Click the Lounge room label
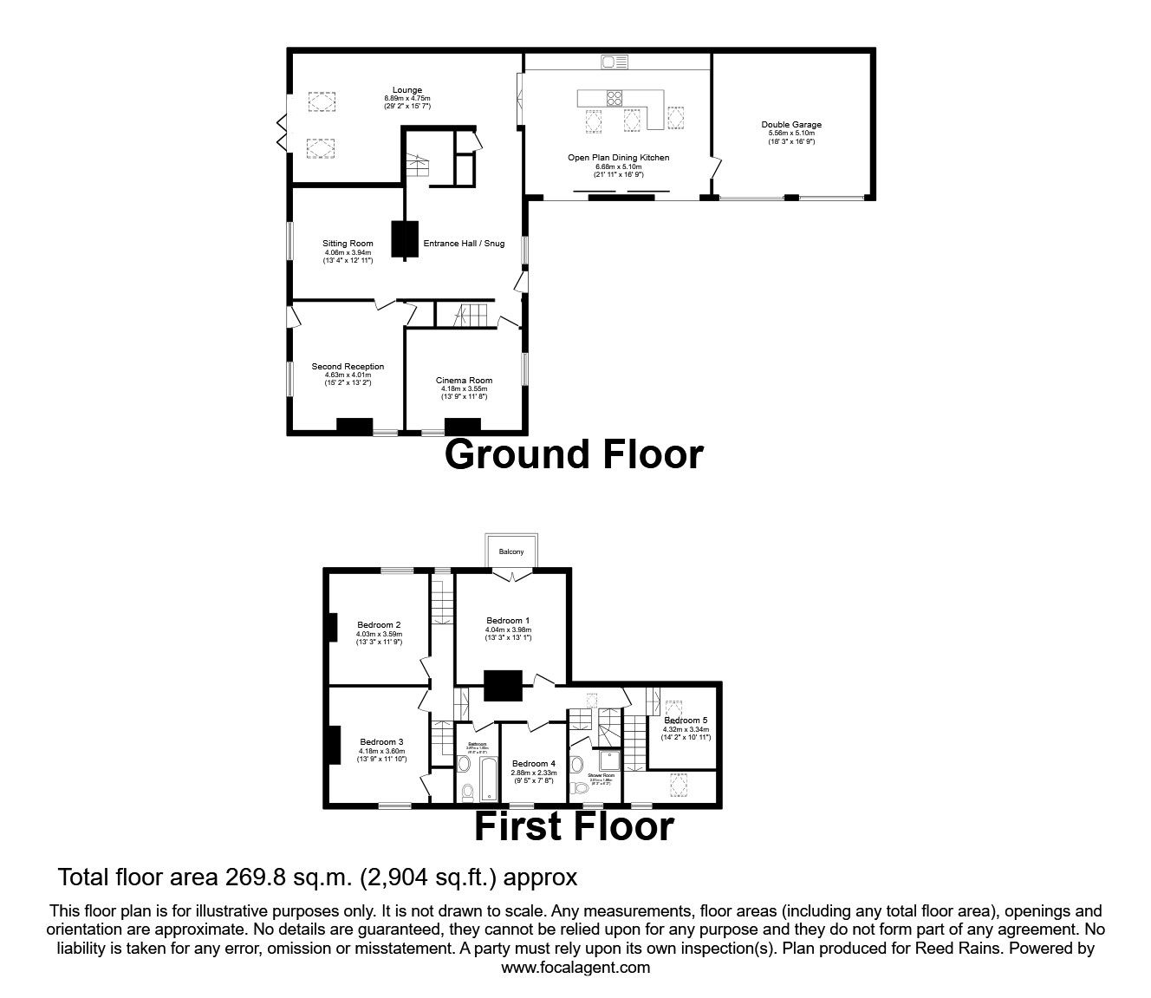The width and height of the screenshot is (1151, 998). [x=406, y=90]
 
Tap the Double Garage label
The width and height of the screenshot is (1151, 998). [x=791, y=125]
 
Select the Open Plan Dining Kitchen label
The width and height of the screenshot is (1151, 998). [x=618, y=158]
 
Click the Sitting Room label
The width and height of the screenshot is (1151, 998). [x=348, y=244]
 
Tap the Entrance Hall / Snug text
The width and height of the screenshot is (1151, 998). [x=463, y=244]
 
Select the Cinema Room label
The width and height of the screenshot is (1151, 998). [x=464, y=381]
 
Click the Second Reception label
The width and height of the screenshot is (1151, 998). [x=348, y=367]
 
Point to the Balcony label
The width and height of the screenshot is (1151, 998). [x=510, y=551]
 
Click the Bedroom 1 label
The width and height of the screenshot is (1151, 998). [x=508, y=621]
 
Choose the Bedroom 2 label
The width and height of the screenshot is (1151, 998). [x=379, y=624]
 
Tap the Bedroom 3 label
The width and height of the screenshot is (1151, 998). [x=381, y=741]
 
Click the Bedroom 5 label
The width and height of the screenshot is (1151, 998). [x=686, y=721]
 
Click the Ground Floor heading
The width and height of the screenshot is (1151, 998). [x=573, y=454]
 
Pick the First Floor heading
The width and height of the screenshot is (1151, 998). [x=573, y=827]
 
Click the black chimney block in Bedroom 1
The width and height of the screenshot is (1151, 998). [x=502, y=686]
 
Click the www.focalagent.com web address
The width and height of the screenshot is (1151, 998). [x=575, y=968]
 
